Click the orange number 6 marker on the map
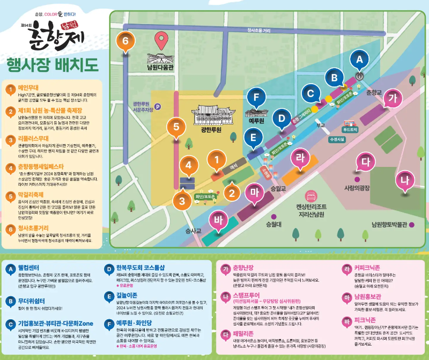click(125, 41)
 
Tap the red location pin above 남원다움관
click(161, 40)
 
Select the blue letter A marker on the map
click(360, 57)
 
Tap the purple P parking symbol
click(158, 106)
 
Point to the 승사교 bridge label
click(193, 231)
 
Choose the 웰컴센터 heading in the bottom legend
click(31, 267)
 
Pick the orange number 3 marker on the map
click(182, 200)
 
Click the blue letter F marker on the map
click(256, 99)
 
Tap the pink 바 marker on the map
click(218, 219)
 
